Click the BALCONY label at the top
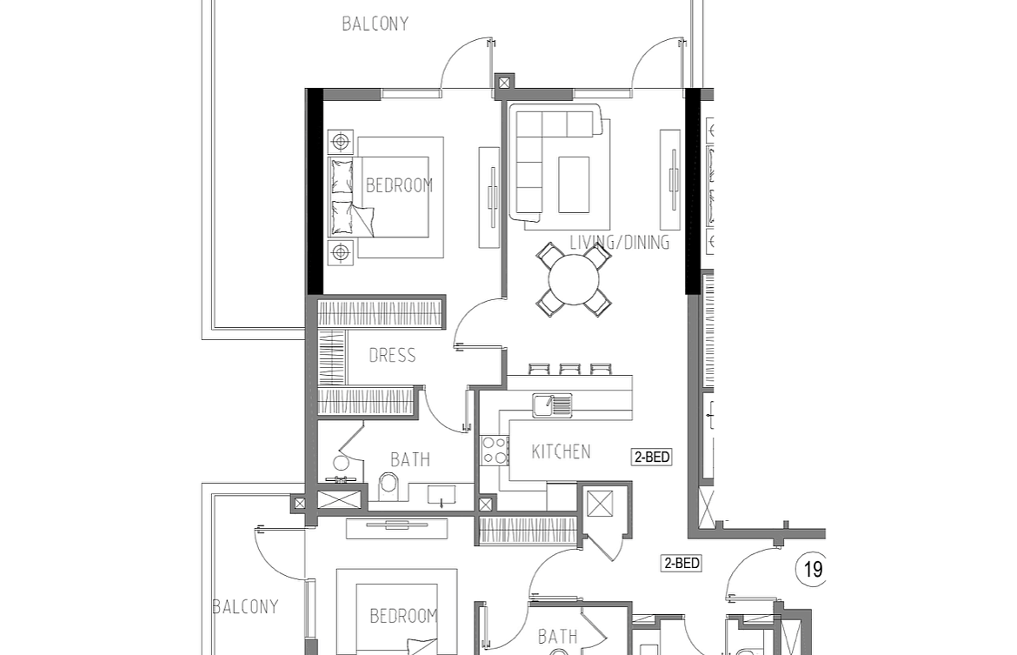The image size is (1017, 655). tap(375, 24)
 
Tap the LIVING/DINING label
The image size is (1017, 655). tap(620, 242)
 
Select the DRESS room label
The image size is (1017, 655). tap(392, 355)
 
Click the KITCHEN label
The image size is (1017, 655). tap(561, 451)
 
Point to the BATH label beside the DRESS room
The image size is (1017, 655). tap(410, 459)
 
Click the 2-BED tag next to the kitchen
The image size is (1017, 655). tap(652, 457)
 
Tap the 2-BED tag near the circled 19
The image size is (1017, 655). tap(681, 563)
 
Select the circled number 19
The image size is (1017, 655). tap(811, 569)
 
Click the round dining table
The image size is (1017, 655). tap(574, 280)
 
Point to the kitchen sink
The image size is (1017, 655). tap(552, 405)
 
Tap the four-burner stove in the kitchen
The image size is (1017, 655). tap(495, 450)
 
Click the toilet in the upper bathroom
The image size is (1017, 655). tap(389, 485)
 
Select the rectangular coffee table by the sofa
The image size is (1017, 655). tap(574, 184)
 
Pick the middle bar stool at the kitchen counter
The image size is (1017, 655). tap(569, 370)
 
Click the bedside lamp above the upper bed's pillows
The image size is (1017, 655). tap(341, 142)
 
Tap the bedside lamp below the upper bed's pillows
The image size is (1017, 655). tap(341, 252)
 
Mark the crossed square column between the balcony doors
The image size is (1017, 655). tap(504, 84)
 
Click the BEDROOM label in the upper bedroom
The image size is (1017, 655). tap(400, 185)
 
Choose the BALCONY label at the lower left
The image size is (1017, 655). tap(246, 607)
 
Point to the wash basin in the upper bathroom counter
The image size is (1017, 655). tap(442, 495)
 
